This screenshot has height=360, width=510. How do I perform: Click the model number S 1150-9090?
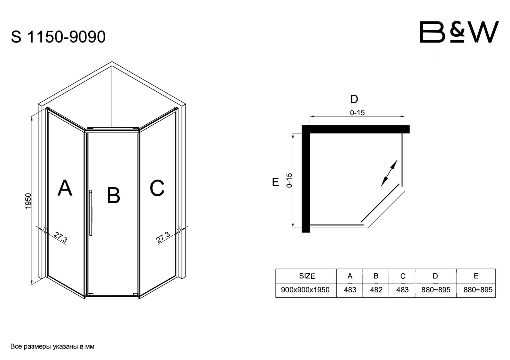pyautogui.click(x=58, y=37)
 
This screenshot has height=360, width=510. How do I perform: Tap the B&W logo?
pyautogui.click(x=459, y=32)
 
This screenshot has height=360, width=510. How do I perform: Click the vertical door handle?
pyautogui.click(x=91, y=213)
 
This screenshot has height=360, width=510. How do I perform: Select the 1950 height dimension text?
pyautogui.click(x=28, y=201)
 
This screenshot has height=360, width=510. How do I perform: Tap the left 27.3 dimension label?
pyautogui.click(x=61, y=237)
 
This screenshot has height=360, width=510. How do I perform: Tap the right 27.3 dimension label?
pyautogui.click(x=163, y=237)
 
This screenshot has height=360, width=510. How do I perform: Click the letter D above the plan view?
pyautogui.click(x=354, y=99)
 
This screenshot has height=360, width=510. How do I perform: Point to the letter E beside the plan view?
pyautogui.click(x=276, y=182)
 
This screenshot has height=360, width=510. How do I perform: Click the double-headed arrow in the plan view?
pyautogui.click(x=389, y=173)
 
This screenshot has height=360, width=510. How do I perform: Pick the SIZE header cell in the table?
pyautogui.click(x=307, y=276)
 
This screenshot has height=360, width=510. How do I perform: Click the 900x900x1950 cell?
pyautogui.click(x=305, y=290)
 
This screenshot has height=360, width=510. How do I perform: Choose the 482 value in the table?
pyautogui.click(x=376, y=290)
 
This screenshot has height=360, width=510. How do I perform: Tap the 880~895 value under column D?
pyautogui.click(x=436, y=290)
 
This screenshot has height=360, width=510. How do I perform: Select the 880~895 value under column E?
pyautogui.click(x=478, y=290)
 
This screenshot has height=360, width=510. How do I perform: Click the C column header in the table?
pyautogui.click(x=403, y=276)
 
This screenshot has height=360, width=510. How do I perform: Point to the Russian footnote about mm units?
pyautogui.click(x=52, y=347)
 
